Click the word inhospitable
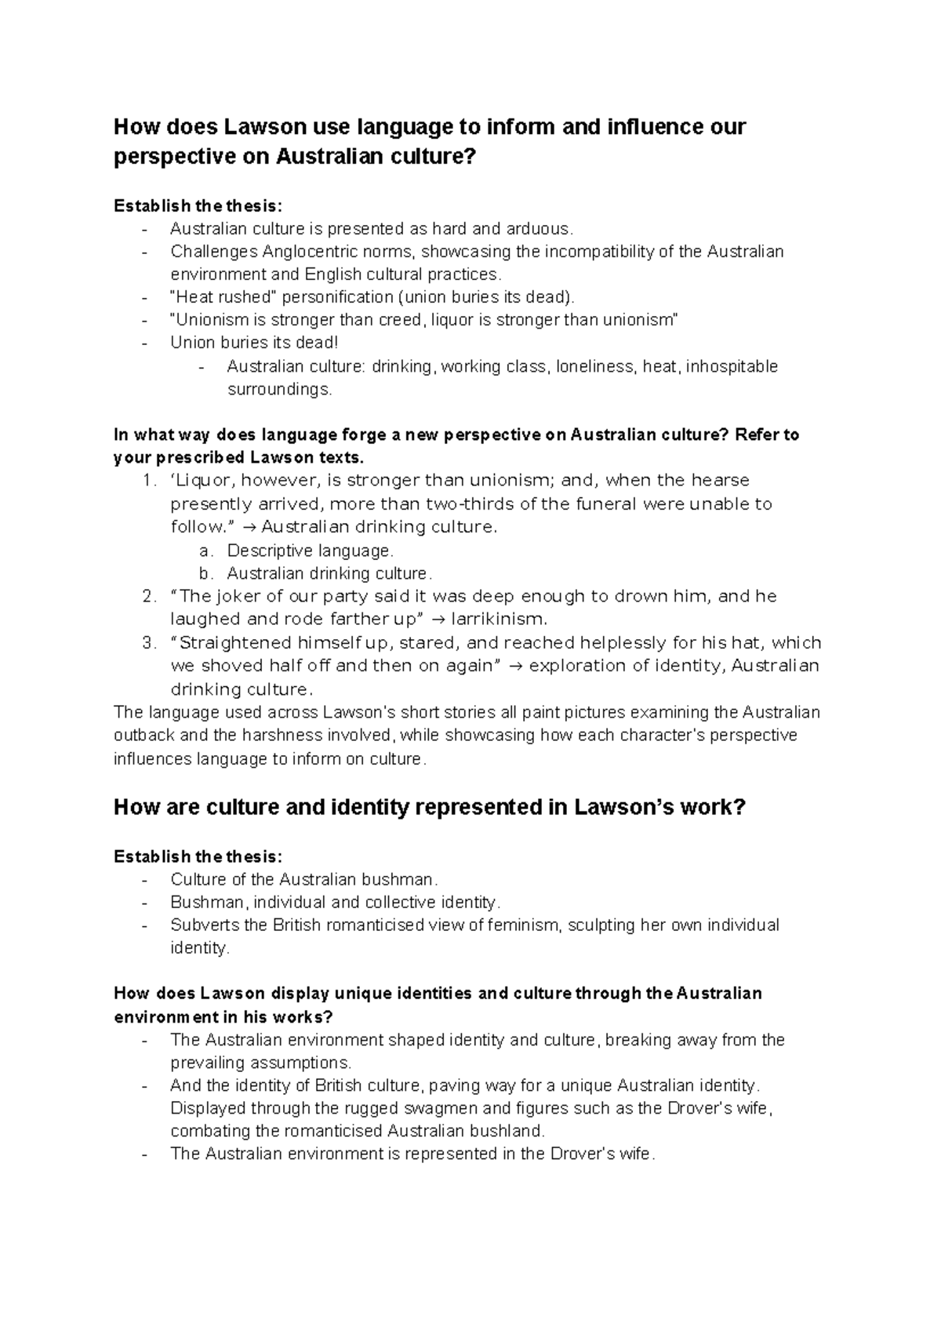pyautogui.click(x=732, y=366)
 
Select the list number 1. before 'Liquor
pyautogui.click(x=151, y=481)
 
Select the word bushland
pyautogui.click(x=506, y=1132)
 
